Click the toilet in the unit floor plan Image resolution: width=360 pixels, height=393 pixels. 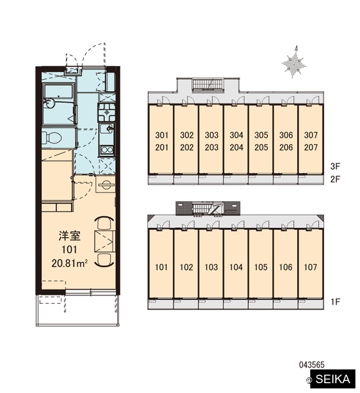pyautogui.click(x=52, y=138)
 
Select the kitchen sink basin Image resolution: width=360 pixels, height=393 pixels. pyautogui.click(x=106, y=129)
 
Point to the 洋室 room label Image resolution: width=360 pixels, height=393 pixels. pyautogui.click(x=69, y=236)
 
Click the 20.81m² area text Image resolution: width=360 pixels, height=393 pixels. pyautogui.click(x=69, y=263)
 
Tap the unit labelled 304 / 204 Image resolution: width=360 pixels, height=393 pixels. pyautogui.click(x=236, y=139)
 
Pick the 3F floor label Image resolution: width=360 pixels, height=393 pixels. pyautogui.click(x=335, y=166)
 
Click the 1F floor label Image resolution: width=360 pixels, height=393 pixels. pyautogui.click(x=335, y=302)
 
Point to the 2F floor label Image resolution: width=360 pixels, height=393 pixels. pyautogui.click(x=335, y=179)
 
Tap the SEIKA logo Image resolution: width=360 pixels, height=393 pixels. pyautogui.click(x=333, y=379)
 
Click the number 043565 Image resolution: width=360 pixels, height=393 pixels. pyautogui.click(x=312, y=365)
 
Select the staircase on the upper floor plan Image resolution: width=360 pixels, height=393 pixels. pyautogui.click(x=208, y=84)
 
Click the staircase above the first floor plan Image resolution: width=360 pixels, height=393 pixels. pyautogui.click(x=207, y=208)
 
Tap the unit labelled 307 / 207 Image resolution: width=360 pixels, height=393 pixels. pyautogui.click(x=311, y=139)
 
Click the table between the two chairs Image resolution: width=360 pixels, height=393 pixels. pyautogui.click(x=104, y=241)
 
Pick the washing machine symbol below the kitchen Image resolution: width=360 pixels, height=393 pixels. pyautogui.click(x=105, y=185)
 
